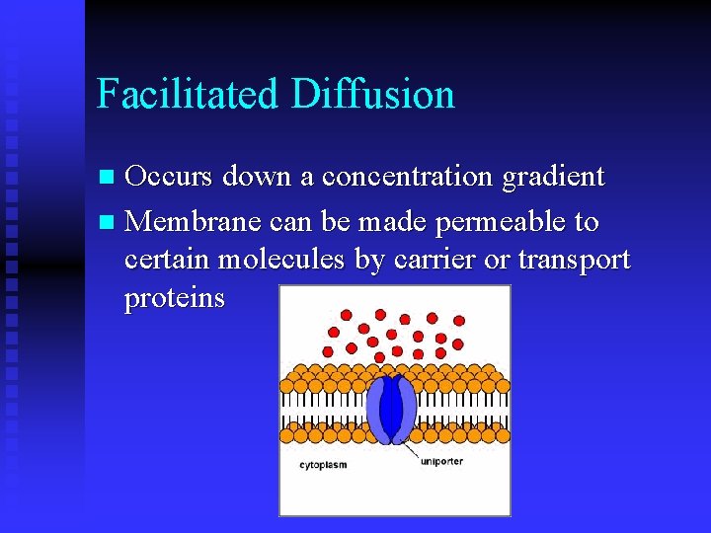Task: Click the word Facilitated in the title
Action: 189,94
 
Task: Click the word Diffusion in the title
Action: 373,94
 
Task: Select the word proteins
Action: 175,298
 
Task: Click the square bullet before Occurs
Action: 109,179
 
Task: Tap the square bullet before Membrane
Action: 109,223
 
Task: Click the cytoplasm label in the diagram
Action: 323,462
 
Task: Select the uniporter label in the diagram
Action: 441,460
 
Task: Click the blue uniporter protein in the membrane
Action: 391,408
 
